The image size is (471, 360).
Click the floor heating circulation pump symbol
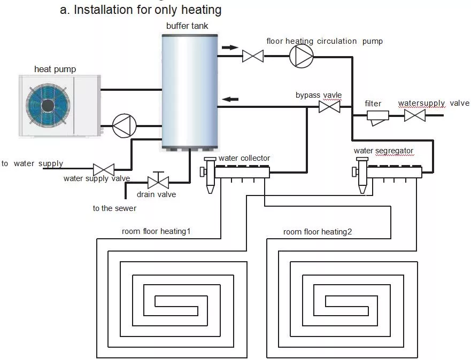(301, 56)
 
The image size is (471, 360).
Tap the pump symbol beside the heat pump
(124, 126)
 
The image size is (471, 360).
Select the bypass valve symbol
(329, 107)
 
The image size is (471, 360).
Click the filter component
(378, 116)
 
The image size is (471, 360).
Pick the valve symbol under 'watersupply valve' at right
(414, 115)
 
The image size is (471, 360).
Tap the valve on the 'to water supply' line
(104, 169)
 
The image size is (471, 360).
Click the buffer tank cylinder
(190, 91)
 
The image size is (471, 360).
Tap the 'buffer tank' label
(187, 26)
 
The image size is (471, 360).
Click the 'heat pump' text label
(55, 69)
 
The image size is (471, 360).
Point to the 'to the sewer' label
(114, 208)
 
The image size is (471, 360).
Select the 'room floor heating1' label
(156, 231)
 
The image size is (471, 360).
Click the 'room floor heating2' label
(318, 232)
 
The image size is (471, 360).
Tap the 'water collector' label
(244, 158)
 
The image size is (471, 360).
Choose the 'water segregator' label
(383, 151)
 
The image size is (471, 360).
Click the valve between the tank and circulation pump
(252, 56)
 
